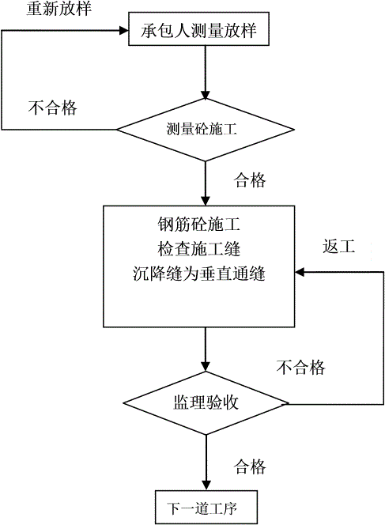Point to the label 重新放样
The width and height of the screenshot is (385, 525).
point(59,8)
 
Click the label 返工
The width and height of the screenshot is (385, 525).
point(338,247)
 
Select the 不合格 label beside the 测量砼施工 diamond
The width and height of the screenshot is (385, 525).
point(52,108)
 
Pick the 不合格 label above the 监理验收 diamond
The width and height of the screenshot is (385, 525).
point(300,367)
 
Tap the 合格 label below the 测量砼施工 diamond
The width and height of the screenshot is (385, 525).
point(250,179)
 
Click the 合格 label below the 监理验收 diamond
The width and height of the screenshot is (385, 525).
point(250,466)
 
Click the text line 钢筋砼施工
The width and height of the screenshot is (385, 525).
point(199,224)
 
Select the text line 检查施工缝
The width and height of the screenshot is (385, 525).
point(199,249)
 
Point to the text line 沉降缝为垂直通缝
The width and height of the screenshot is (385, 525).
point(199,274)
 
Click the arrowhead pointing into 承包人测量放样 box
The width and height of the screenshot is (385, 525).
point(125,31)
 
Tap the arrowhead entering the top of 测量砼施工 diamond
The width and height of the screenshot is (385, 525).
point(206,94)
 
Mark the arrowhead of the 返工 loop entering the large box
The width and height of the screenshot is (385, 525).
point(300,272)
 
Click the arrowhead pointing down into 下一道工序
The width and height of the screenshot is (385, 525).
point(206,485)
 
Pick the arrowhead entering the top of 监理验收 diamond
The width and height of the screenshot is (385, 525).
point(206,367)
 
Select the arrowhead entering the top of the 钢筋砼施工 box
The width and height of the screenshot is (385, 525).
point(206,201)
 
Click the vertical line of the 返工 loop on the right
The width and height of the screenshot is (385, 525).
point(383,338)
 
